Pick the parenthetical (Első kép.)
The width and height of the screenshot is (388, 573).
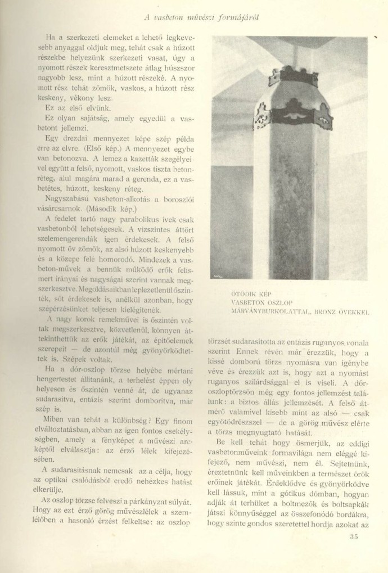pyautogui.click(x=93, y=150)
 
